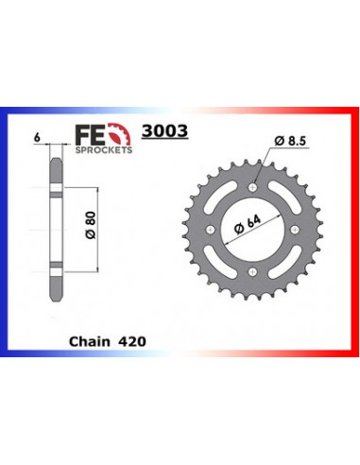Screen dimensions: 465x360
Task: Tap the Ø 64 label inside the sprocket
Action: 245,226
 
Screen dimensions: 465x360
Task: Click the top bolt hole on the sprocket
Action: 252,185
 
